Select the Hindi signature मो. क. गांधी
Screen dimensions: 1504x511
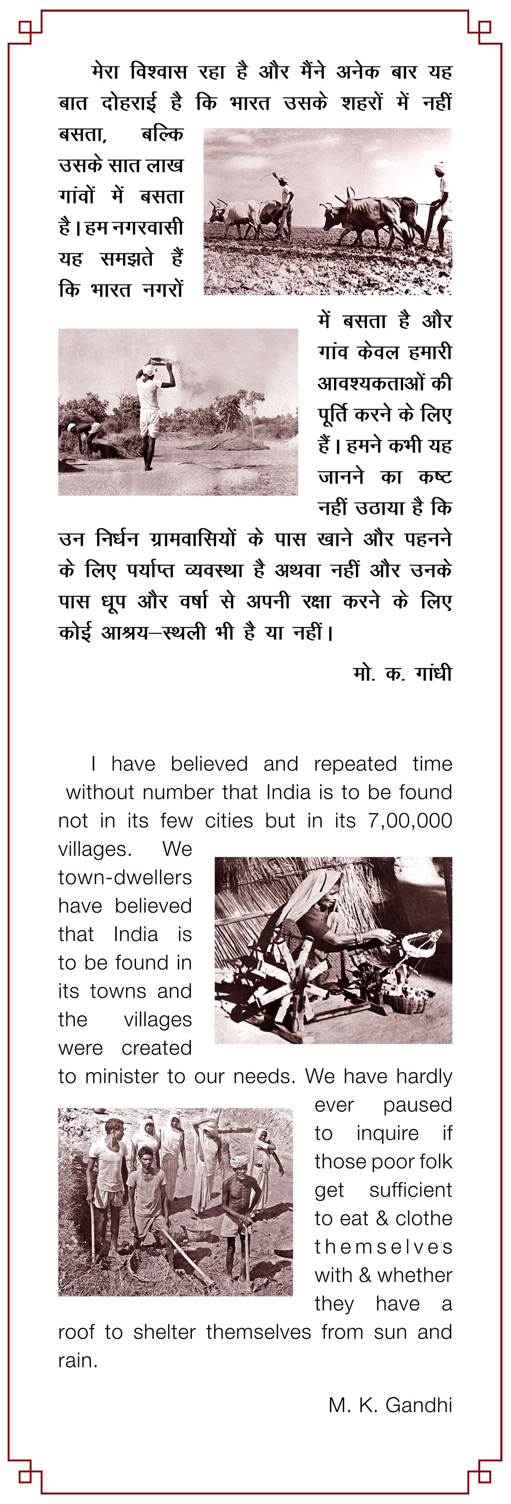[402, 673]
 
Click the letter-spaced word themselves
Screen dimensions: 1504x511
[383, 1247]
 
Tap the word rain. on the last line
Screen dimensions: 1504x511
[78, 1361]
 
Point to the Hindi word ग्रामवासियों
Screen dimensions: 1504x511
[192, 539]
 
